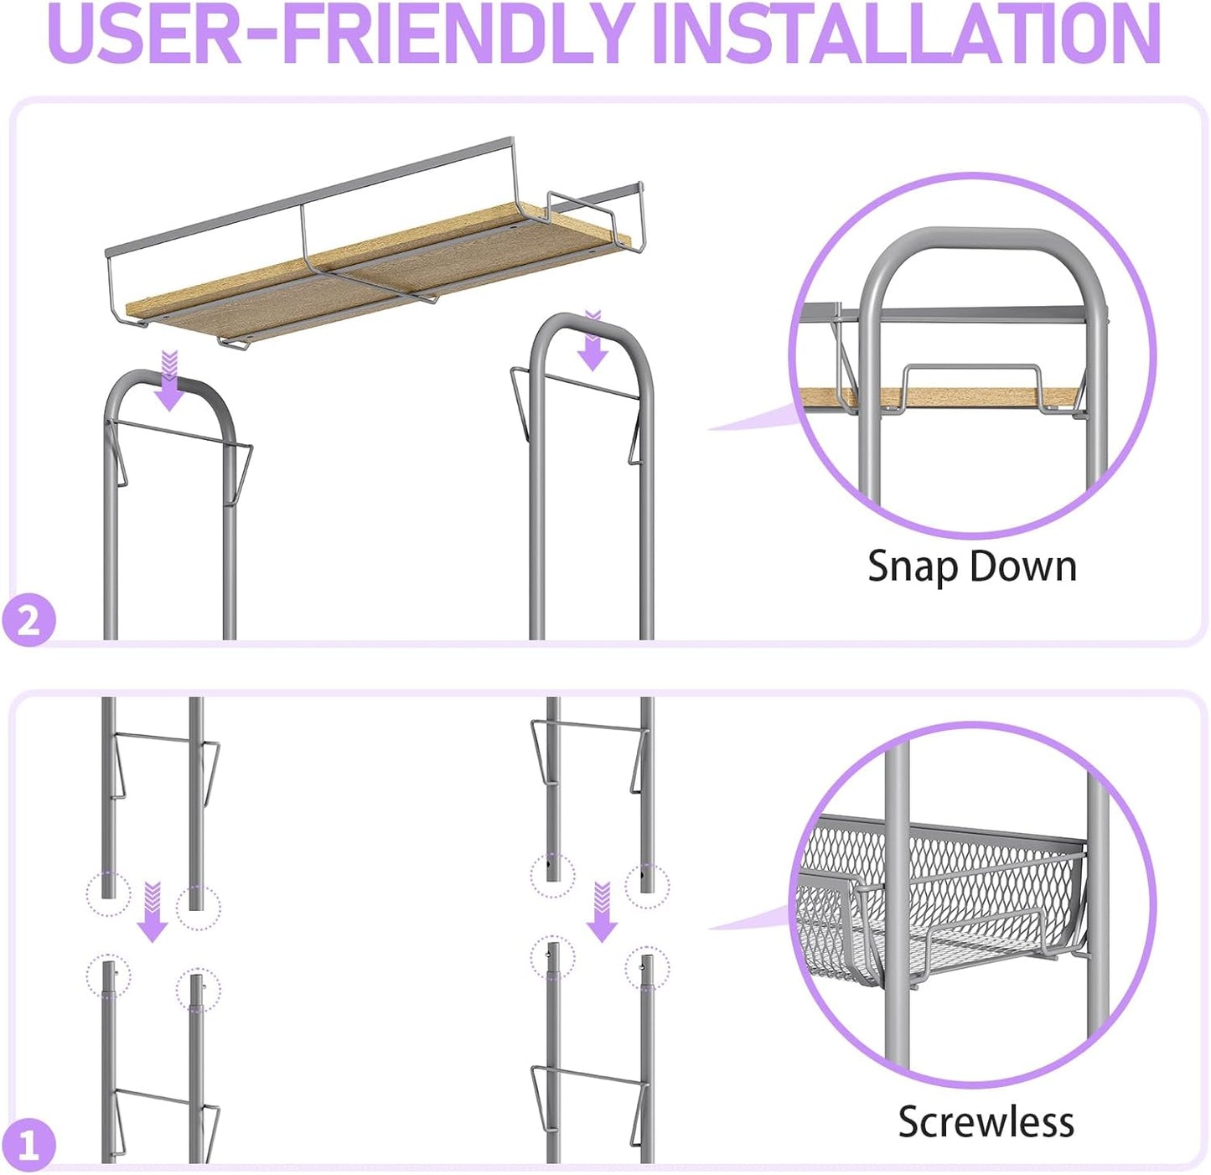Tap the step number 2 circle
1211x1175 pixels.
click(x=28, y=621)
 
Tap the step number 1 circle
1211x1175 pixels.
click(x=28, y=1144)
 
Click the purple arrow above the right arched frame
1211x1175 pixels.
click(x=592, y=344)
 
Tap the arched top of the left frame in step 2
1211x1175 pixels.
click(x=168, y=385)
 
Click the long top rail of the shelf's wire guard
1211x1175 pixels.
click(x=309, y=194)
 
